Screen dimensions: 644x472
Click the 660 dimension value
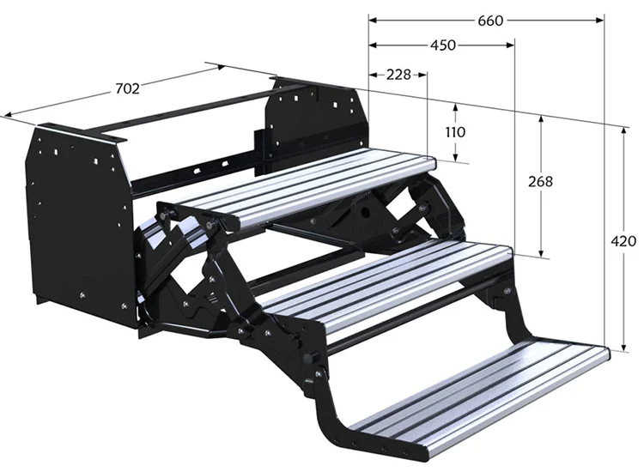490,20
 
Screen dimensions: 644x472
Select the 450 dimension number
443,45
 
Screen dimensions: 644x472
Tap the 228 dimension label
398,75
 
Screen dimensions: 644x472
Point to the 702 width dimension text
127,88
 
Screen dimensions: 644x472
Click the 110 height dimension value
455,132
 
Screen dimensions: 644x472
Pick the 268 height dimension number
540,181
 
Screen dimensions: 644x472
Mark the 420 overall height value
623,241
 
